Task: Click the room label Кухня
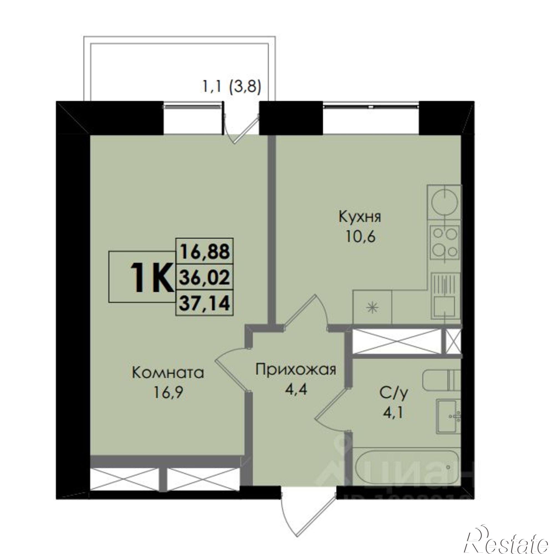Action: click(360, 217)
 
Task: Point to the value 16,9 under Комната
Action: click(168, 393)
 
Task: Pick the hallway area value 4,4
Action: click(296, 390)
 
